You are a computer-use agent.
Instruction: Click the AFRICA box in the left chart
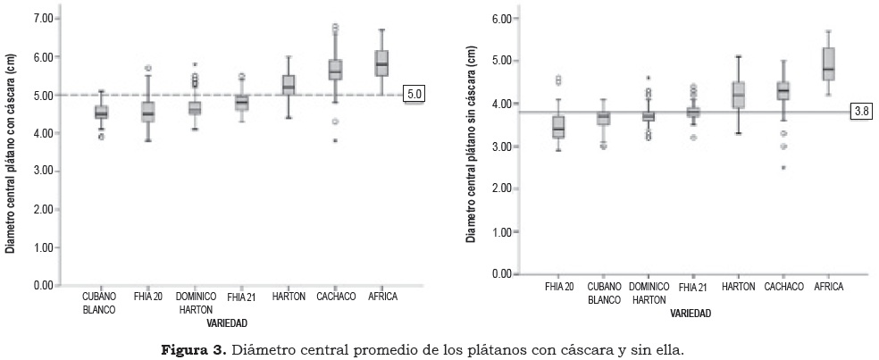pyautogui.click(x=382, y=63)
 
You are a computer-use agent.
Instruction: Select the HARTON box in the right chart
pyautogui.click(x=737, y=95)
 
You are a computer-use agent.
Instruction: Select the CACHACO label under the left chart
pyautogui.click(x=337, y=297)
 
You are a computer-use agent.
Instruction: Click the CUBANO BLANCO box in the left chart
pyautogui.click(x=101, y=112)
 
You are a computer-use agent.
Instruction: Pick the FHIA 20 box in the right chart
pyautogui.click(x=558, y=127)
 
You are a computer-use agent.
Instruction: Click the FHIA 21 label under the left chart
pyautogui.click(x=243, y=297)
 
